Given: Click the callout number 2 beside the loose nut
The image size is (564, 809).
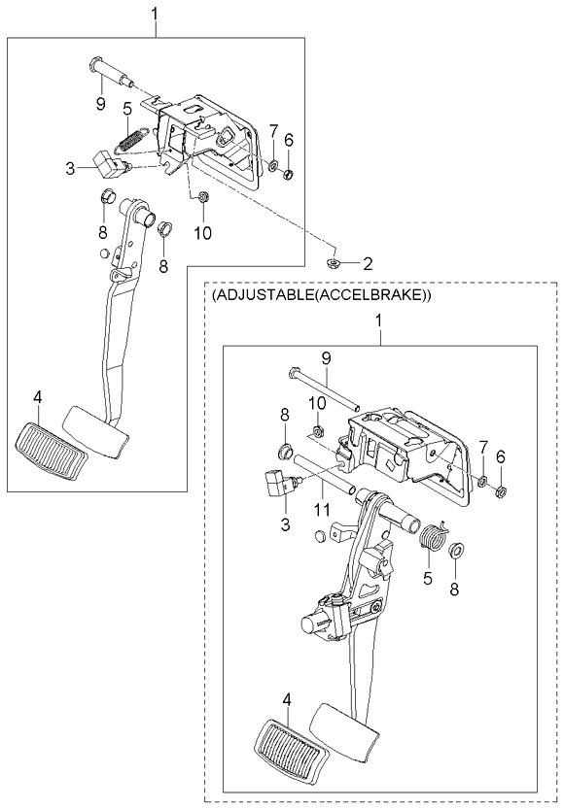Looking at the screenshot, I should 368,263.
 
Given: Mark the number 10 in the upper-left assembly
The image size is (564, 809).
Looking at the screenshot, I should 201,232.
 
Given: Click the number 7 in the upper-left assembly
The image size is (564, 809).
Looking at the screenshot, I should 273,130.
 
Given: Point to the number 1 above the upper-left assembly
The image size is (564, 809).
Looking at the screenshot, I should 156,13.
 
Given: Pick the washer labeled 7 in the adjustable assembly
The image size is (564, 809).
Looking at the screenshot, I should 482,481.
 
